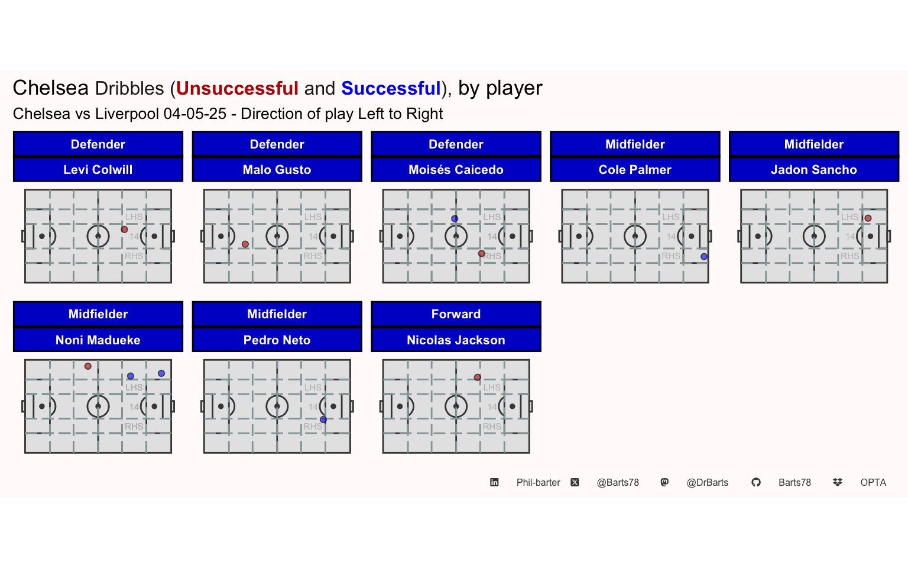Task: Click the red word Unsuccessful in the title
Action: (237, 88)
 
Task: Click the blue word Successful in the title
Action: (391, 88)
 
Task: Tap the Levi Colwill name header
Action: (98, 170)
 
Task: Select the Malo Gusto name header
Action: (277, 170)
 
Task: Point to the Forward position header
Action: (456, 314)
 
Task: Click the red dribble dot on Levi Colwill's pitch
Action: (125, 230)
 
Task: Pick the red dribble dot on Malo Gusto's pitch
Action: (245, 244)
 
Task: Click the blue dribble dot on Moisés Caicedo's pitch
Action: (455, 219)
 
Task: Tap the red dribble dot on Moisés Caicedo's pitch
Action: (482, 254)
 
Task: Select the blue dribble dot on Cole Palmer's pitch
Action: (704, 256)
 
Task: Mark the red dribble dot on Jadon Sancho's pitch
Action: (868, 218)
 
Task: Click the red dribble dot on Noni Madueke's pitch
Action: (88, 366)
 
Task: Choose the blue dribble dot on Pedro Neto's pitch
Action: (323, 419)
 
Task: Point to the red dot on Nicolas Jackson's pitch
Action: (478, 377)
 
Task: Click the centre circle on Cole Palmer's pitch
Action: (635, 225)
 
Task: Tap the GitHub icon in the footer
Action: (756, 482)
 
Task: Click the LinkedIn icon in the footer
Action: (494, 482)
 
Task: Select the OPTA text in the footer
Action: (873, 482)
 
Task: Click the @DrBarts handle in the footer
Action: (708, 482)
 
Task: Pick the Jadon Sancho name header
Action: (814, 170)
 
